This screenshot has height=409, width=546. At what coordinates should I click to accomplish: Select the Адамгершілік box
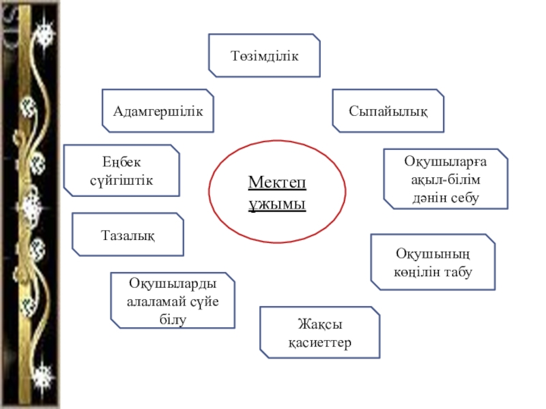(158, 110)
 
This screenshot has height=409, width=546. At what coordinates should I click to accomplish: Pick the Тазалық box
(128, 234)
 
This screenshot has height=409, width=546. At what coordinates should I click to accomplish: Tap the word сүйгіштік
(121, 181)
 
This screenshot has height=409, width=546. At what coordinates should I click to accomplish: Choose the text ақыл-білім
(445, 179)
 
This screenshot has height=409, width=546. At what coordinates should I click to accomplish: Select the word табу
(461, 271)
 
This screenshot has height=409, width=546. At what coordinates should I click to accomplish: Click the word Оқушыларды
(173, 283)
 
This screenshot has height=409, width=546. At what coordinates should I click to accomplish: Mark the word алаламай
(156, 301)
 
